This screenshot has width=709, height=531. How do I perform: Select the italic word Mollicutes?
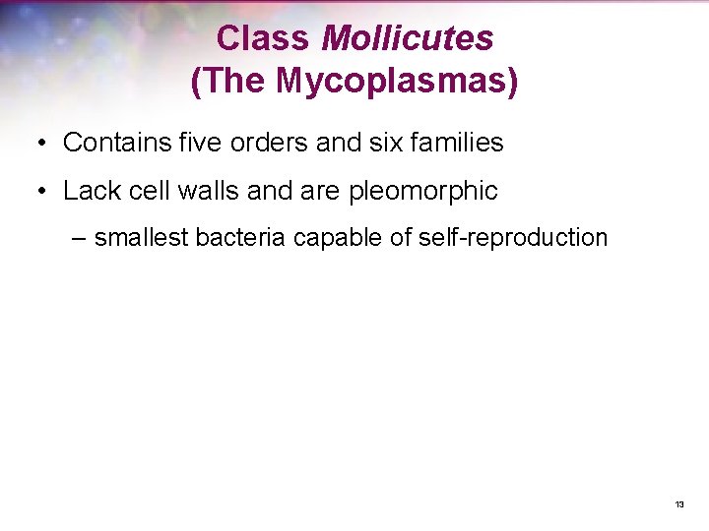408,39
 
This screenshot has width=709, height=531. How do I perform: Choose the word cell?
142,191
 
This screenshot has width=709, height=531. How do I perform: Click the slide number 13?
679,504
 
